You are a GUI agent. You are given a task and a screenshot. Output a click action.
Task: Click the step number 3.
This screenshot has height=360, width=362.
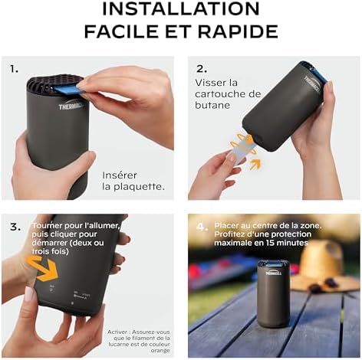pos(15,227)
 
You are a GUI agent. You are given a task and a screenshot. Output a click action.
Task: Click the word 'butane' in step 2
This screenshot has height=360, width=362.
pos(212,106)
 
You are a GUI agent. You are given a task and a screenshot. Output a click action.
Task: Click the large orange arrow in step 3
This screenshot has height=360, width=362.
pos(41,269)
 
